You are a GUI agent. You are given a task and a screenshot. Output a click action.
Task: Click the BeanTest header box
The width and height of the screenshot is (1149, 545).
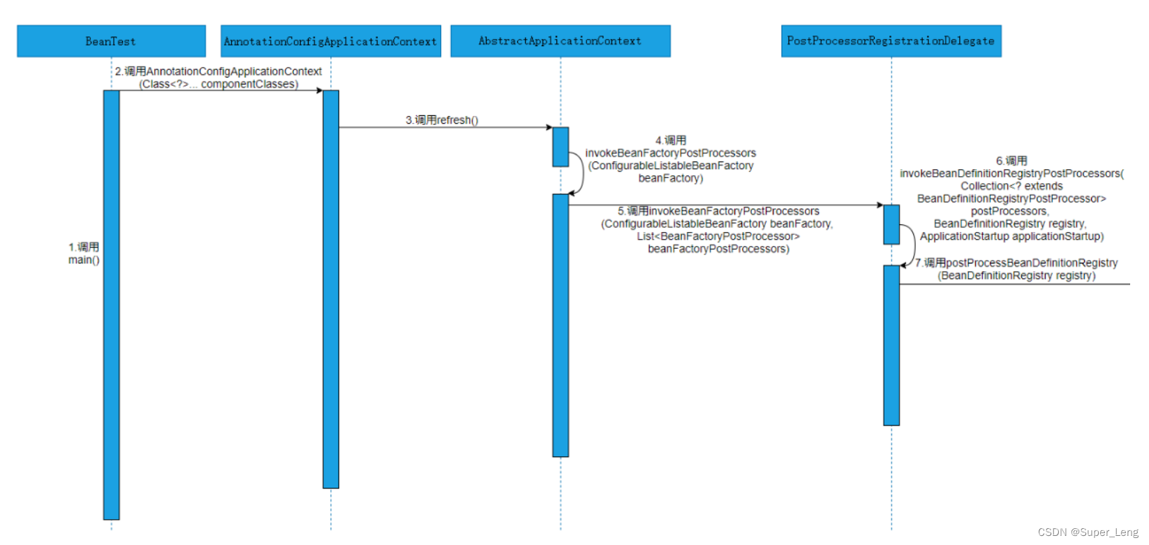(111, 41)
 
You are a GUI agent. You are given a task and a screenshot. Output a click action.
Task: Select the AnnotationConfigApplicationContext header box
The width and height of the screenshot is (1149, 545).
(330, 41)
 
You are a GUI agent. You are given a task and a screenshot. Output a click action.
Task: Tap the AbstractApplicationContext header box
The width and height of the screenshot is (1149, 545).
(560, 41)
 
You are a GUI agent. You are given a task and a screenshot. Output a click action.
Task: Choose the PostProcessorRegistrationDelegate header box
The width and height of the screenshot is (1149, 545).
(891, 41)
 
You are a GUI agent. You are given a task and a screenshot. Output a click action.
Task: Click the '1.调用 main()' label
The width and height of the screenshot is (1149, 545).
(84, 254)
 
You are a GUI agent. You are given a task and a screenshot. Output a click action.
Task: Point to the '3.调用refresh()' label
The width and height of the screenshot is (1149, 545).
(442, 120)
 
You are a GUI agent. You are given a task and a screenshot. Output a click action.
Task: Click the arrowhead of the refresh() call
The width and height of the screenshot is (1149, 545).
(549, 127)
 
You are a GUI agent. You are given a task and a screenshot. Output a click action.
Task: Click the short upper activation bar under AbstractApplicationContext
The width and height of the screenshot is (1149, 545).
(561, 147)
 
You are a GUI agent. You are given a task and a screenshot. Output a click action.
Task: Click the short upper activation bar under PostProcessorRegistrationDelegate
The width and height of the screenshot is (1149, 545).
(891, 224)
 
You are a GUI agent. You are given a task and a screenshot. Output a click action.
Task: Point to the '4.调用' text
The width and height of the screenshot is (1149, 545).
(671, 140)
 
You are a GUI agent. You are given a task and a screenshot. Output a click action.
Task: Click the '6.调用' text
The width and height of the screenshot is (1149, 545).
(1011, 161)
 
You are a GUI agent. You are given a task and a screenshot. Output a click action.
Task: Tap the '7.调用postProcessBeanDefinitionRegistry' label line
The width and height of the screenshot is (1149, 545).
(1017, 263)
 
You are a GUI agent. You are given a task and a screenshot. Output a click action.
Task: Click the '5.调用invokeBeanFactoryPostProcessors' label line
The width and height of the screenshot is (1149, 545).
(718, 211)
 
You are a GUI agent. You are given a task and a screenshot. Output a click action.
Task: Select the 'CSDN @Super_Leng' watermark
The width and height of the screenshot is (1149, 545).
(1088, 532)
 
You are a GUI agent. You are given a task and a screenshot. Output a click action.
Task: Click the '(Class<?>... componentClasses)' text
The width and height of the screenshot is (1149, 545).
(218, 85)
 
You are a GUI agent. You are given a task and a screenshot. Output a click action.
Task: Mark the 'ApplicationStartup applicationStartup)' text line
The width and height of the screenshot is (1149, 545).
(1011, 236)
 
